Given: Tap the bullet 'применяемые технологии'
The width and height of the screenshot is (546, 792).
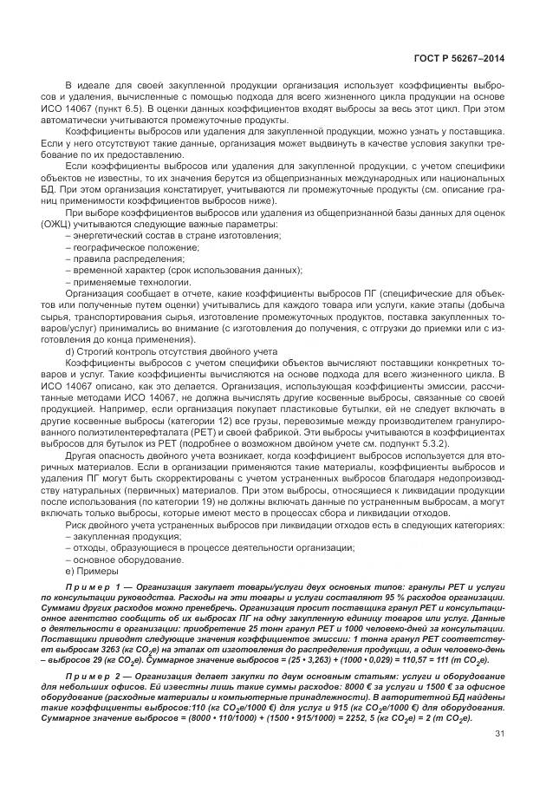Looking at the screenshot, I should [125, 281].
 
